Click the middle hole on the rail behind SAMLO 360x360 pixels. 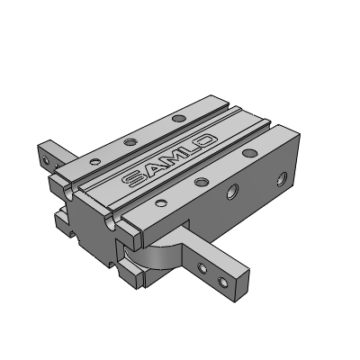pos(131,140)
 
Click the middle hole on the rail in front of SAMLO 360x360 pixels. pos(200,183)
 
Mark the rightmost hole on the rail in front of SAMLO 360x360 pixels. pos(246,156)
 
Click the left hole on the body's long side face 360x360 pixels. pos(233,191)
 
